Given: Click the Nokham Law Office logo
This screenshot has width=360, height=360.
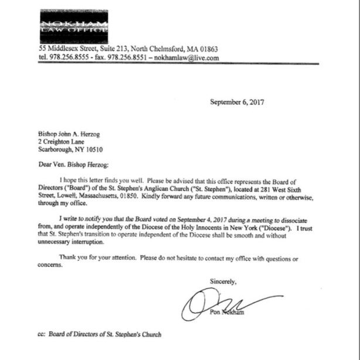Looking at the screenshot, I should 74,26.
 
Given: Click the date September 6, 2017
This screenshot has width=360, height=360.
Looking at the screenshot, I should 237,102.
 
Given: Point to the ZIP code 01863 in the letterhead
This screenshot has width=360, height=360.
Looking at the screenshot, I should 205,49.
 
